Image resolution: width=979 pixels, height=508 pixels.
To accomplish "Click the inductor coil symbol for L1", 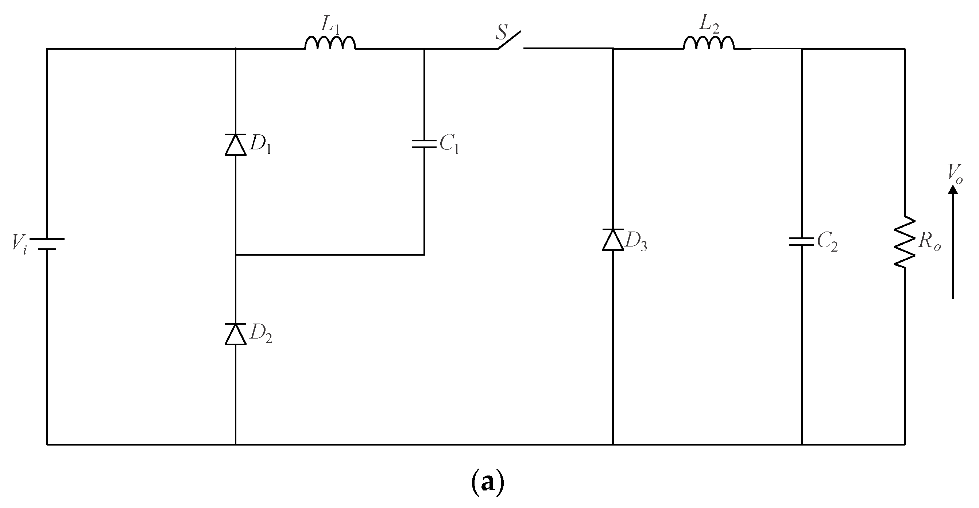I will pos(330,43).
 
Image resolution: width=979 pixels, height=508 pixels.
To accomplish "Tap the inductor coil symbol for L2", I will pos(709,43).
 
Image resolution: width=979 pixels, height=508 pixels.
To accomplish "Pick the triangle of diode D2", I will pos(236,334).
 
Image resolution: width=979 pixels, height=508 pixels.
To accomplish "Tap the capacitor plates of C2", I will pos(801,242).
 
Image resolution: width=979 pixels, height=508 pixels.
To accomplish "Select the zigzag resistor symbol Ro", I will pos(904,242).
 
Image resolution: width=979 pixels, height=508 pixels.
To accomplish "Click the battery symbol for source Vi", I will pos(47,244).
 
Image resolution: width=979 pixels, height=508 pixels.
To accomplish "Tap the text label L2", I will pos(709,25).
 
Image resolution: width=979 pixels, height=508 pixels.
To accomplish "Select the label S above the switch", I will pos(502,33).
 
